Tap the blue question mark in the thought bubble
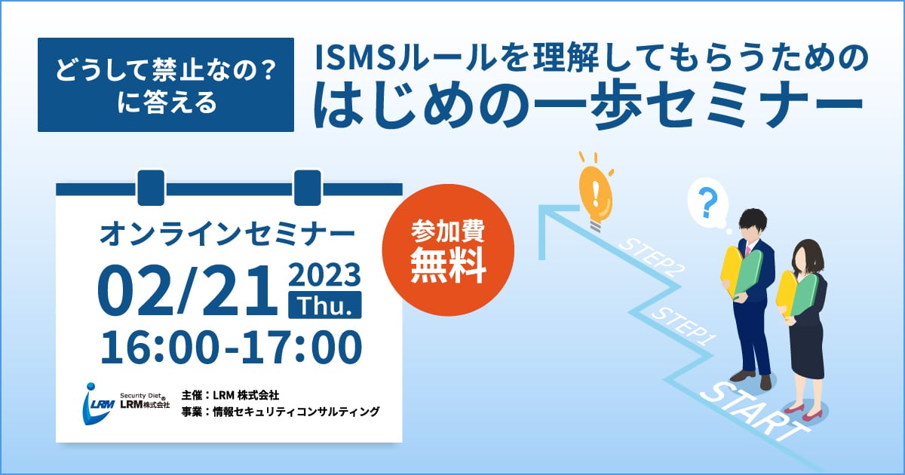[x=708, y=203]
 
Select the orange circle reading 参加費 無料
[x=448, y=250]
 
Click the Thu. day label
[x=325, y=305]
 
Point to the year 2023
[x=324, y=275]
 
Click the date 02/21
[x=188, y=290]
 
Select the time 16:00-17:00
[x=231, y=348]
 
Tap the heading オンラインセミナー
[x=227, y=234]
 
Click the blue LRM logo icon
[x=97, y=403]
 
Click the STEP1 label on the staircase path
[x=683, y=326]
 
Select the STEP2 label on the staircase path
[x=649, y=257]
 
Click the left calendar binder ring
[x=151, y=188]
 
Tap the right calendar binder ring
[x=308, y=188]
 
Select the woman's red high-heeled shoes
[x=803, y=412]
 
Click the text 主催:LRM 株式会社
[x=230, y=394]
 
